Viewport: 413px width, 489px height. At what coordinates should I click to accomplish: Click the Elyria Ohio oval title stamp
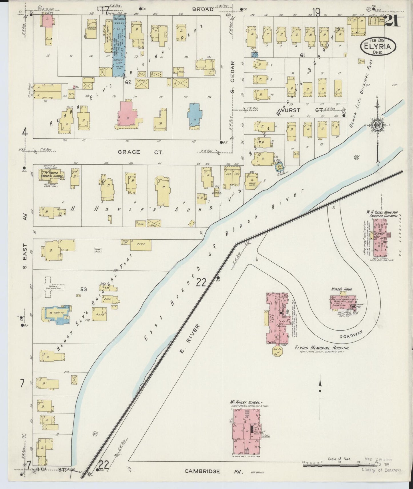tap(378, 47)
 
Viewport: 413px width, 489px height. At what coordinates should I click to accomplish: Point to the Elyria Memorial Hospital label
tap(322, 348)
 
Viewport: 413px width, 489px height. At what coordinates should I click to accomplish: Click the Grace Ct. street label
tap(140, 152)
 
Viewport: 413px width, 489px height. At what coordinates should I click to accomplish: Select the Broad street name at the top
tap(203, 9)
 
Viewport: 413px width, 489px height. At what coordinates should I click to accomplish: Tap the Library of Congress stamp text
tap(381, 470)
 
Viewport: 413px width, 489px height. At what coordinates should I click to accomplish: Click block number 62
tap(128, 82)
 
